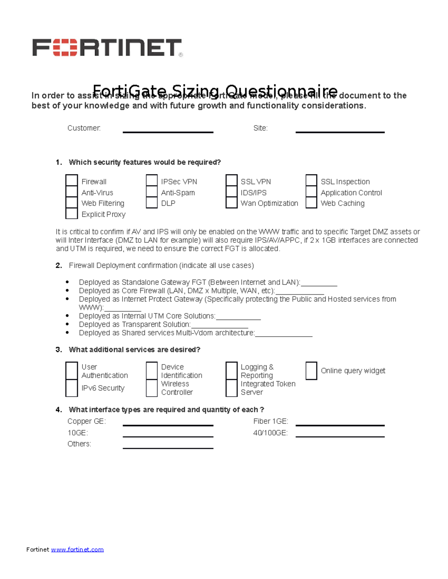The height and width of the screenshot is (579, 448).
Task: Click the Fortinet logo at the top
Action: [x=107, y=47]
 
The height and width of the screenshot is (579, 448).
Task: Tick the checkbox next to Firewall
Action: [x=71, y=180]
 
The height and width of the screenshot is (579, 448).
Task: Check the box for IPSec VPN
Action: [x=152, y=180]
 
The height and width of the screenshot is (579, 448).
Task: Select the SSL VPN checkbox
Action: [x=231, y=180]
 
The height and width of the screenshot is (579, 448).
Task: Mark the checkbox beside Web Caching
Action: [x=311, y=202]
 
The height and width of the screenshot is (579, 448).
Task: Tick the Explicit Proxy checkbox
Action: [x=71, y=213]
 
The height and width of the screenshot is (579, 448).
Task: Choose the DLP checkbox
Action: [x=152, y=202]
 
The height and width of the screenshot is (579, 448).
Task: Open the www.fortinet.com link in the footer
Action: [x=77, y=550]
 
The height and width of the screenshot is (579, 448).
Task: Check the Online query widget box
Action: [x=311, y=371]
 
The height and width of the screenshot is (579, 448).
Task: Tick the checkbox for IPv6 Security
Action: [x=71, y=388]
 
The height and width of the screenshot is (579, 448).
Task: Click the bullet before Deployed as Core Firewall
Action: [x=67, y=290]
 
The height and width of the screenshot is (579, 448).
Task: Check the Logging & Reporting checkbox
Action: [x=231, y=371]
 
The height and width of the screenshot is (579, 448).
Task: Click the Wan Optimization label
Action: [x=269, y=203]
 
